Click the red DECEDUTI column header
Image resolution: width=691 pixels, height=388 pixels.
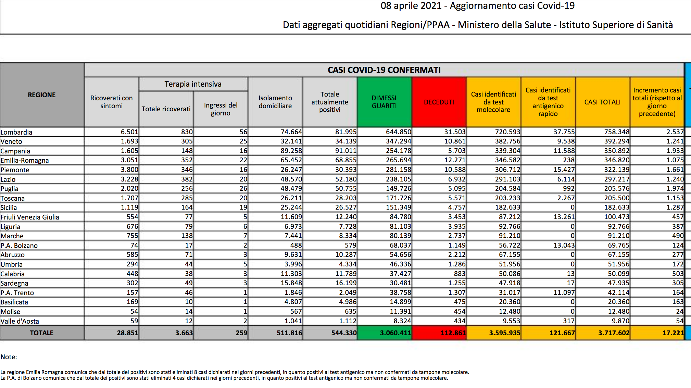tap(439, 102)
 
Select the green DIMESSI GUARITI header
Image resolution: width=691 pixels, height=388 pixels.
tap(384, 102)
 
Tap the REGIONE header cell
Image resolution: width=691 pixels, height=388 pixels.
tap(42, 95)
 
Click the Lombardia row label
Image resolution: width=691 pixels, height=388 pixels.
tap(16, 132)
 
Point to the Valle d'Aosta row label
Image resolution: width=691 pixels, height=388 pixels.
tap(20, 321)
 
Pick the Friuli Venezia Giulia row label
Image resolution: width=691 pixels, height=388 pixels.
tap(30, 217)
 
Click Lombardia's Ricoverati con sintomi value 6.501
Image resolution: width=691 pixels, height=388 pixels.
tap(129, 132)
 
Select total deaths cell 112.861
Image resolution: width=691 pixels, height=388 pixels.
tap(453, 333)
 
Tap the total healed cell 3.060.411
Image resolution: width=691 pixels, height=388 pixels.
tap(395, 333)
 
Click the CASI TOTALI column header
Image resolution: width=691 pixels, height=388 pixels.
tap(602, 102)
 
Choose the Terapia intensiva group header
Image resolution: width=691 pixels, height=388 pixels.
tap(193, 84)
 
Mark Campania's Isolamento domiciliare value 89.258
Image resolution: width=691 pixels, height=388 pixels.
tap(291, 151)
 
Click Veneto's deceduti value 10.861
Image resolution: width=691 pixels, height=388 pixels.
tap(455, 141)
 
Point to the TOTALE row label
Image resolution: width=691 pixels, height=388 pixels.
tap(42, 333)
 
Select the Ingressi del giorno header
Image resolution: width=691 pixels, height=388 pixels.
tap(221, 109)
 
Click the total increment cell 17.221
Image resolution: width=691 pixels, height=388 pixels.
tap(673, 333)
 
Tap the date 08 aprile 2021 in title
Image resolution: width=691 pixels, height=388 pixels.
tap(411, 6)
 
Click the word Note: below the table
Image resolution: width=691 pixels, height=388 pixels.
tap(9, 357)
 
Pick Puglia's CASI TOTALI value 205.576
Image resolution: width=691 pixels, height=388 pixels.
tap(617, 188)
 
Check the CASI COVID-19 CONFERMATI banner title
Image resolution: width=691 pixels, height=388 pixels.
tap(384, 70)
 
